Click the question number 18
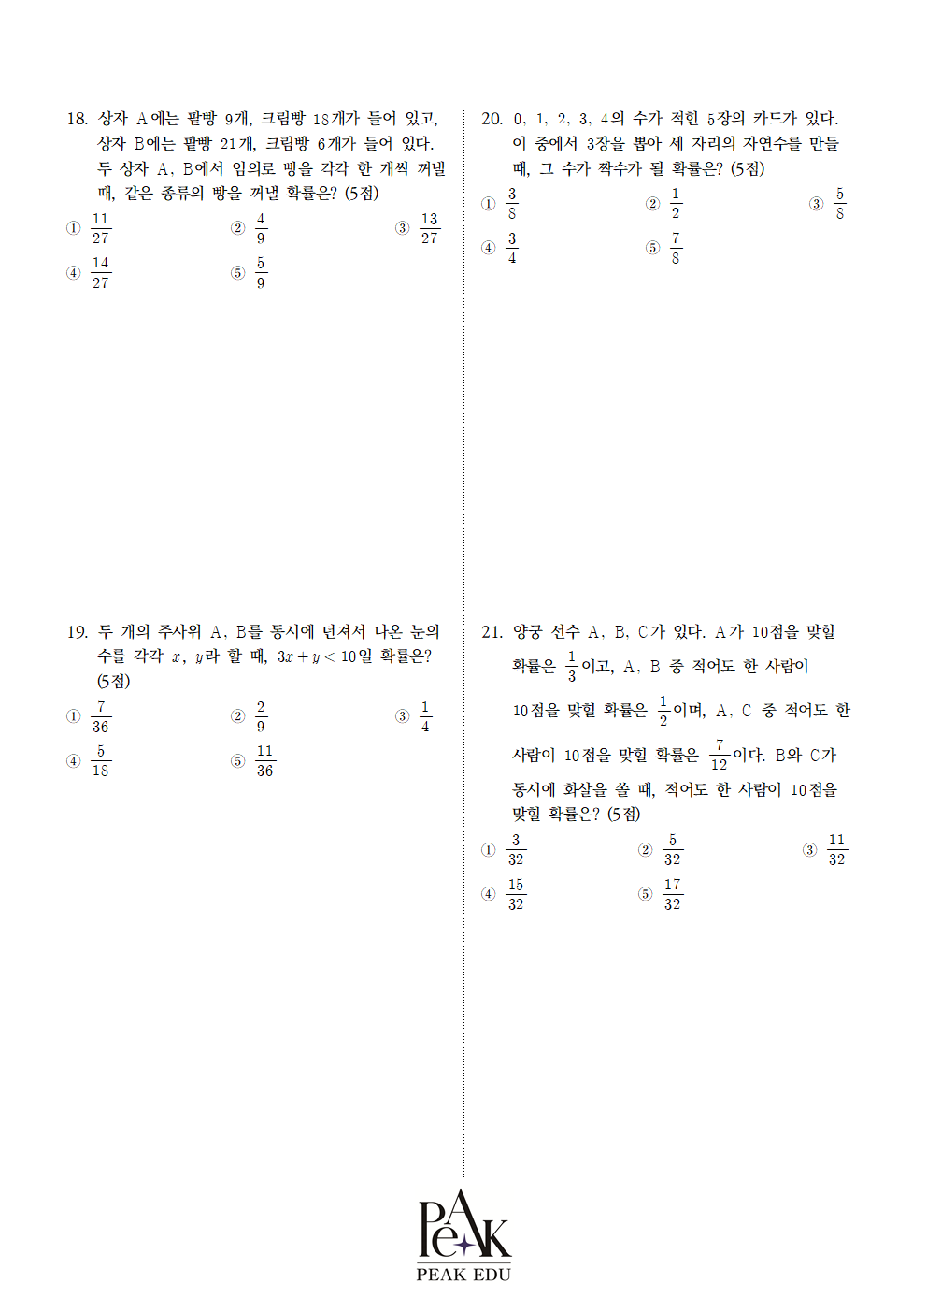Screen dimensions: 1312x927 77,119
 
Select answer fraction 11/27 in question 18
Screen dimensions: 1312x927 100,228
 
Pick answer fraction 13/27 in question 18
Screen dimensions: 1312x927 429,228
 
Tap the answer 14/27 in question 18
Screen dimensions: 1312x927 100,273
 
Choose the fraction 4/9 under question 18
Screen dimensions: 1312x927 261,228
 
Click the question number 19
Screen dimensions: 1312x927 77,632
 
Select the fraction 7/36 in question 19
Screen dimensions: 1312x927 100,717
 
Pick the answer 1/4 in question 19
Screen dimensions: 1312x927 425,717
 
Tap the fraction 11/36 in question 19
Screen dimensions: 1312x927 264,761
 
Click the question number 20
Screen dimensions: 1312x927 492,119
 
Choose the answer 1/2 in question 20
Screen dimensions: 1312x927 676,204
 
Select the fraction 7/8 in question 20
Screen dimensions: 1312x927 676,248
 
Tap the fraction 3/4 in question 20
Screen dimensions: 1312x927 511,248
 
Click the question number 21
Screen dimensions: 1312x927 492,632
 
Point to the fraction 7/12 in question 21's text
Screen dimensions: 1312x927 719,755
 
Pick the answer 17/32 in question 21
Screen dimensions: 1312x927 672,894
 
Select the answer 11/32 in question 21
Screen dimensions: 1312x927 836,850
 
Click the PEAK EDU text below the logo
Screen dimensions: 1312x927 463,1275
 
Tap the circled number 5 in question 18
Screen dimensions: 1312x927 238,273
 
